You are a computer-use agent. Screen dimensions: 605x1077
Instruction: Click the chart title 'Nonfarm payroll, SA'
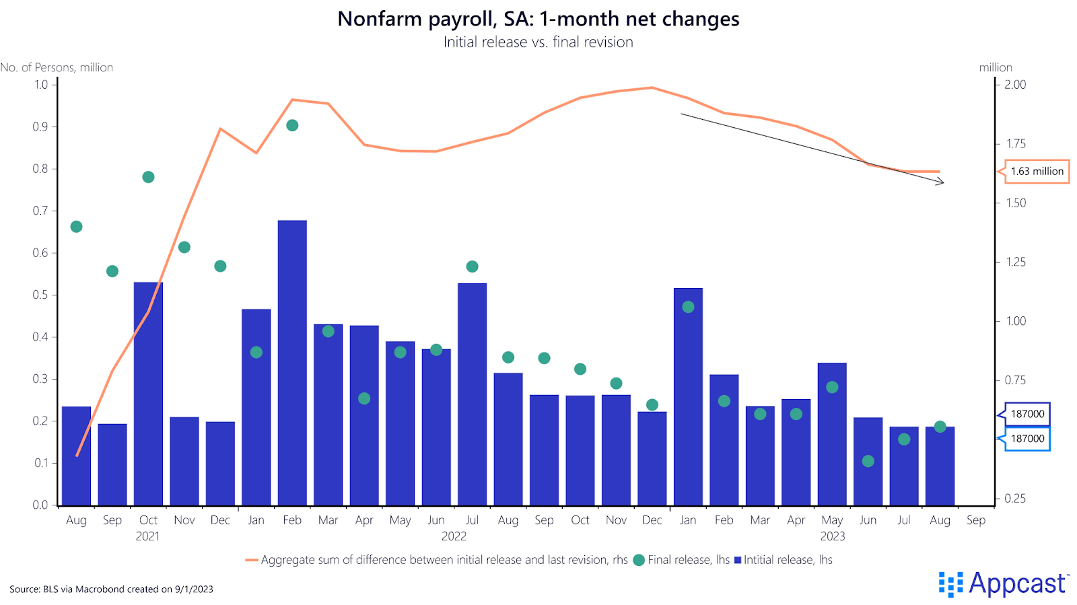pyautogui.click(x=538, y=19)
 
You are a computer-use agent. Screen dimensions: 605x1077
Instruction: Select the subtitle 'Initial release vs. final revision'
pyautogui.click(x=538, y=42)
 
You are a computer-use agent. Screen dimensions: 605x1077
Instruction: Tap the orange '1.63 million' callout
pyautogui.click(x=1037, y=172)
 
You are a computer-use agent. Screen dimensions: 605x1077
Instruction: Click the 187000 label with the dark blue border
pyautogui.click(x=1027, y=414)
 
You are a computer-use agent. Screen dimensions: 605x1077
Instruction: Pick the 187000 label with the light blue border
pyautogui.click(x=1027, y=439)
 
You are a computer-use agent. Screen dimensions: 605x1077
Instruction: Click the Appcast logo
pyautogui.click(x=1003, y=583)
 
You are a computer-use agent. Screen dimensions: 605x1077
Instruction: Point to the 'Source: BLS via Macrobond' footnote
pyautogui.click(x=111, y=589)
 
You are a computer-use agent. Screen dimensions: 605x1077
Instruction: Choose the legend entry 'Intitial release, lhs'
pyautogui.click(x=784, y=560)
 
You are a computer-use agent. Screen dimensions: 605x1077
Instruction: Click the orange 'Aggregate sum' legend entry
pyautogui.click(x=438, y=560)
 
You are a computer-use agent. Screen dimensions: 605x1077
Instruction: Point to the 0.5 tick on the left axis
pyautogui.click(x=40, y=295)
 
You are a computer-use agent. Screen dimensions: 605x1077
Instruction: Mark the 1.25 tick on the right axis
pyautogui.click(x=1016, y=262)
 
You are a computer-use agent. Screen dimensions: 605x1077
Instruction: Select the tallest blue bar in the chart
pyautogui.click(x=292, y=363)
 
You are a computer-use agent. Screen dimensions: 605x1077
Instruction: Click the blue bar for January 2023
pyautogui.click(x=688, y=397)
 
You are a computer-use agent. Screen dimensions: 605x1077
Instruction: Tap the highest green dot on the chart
pyautogui.click(x=292, y=126)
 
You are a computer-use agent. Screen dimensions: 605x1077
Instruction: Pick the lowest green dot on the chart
pyautogui.click(x=868, y=461)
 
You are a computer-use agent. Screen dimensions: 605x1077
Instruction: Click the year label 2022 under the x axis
pyautogui.click(x=454, y=536)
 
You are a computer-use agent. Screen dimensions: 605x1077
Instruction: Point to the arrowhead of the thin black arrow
pyautogui.click(x=942, y=182)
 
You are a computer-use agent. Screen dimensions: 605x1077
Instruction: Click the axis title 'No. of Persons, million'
pyautogui.click(x=57, y=67)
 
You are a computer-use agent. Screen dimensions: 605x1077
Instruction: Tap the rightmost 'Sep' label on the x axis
pyautogui.click(x=976, y=520)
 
